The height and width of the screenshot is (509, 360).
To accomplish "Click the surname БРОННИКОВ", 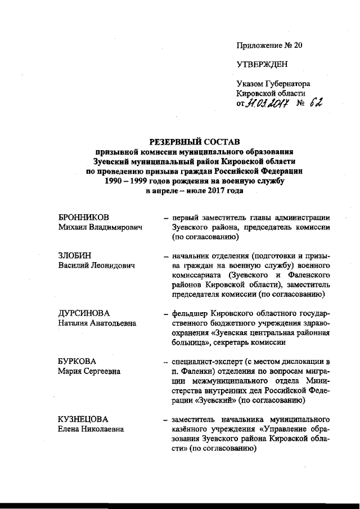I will tap(83, 217).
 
